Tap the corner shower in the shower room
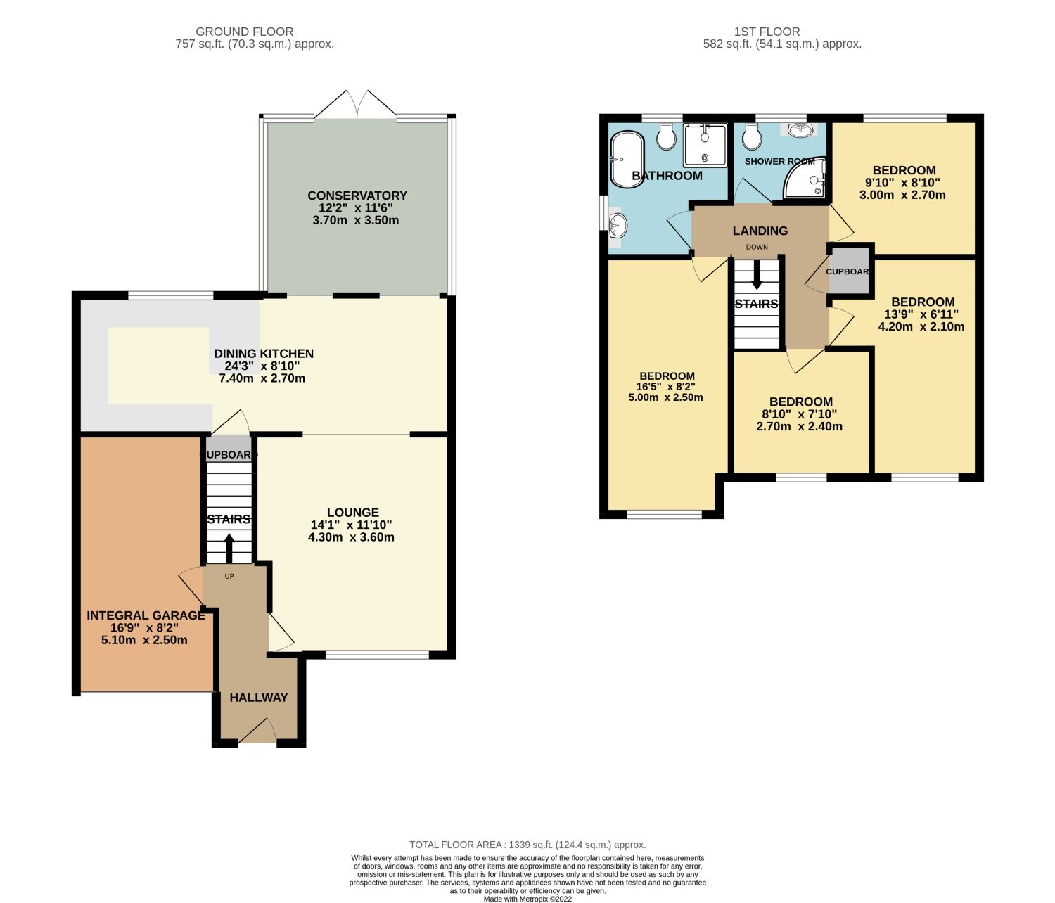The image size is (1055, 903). [806, 180]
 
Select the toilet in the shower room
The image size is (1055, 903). [751, 138]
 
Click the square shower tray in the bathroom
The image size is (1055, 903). [705, 146]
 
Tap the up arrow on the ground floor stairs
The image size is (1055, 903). [229, 548]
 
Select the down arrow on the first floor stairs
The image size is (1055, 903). [757, 275]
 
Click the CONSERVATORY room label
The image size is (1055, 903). [357, 196]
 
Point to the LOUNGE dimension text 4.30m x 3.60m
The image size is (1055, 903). [351, 537]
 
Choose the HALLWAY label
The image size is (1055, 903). [259, 698]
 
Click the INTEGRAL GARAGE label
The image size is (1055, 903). [146, 615]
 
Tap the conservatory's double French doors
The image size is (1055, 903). [357, 105]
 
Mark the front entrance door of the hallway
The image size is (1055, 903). [257, 731]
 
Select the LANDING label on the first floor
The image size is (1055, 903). [760, 231]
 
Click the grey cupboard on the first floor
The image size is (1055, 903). [849, 271]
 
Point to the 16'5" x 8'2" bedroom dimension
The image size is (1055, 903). [665, 387]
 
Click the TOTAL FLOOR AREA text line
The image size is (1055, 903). [527, 845]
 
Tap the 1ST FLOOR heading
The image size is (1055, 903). [767, 32]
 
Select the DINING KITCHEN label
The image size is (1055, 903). [264, 354]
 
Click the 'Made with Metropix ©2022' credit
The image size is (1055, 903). [527, 899]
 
